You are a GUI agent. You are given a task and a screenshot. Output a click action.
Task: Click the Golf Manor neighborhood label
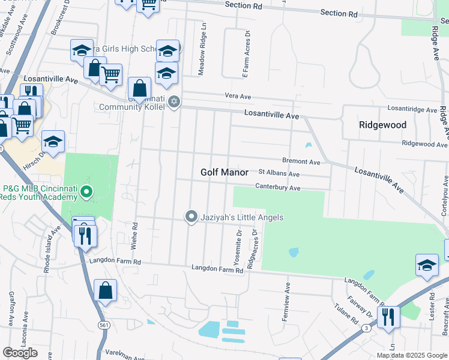pos(224,172)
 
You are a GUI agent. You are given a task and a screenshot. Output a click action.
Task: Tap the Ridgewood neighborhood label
pos(382,125)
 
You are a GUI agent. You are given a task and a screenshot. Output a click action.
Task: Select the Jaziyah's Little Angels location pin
pos(191,217)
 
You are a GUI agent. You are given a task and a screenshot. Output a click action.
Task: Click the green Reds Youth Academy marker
pos(86,192)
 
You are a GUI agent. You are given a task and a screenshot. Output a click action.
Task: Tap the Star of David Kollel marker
pos(174,101)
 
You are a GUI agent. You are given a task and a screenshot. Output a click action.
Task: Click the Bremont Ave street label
pos(301,161)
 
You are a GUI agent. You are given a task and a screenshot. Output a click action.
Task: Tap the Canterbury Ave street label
pos(277,188)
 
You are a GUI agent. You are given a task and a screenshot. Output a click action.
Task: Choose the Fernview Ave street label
pos(288,301)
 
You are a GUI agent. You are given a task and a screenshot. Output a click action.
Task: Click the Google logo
pos(20,353)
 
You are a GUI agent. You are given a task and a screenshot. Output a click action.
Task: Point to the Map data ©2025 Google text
pos(411,355)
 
